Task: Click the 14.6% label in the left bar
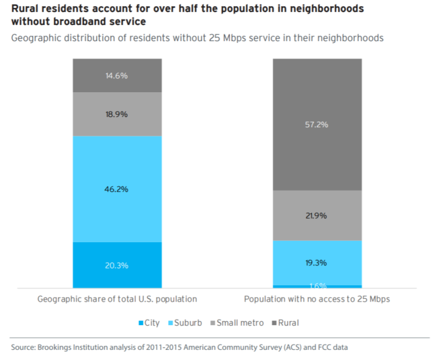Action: (x=117, y=75)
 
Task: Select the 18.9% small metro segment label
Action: (x=117, y=114)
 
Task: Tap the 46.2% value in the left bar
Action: (x=117, y=189)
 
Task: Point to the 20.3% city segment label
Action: (x=117, y=265)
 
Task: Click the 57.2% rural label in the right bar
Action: (x=317, y=124)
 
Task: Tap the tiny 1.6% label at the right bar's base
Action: (x=317, y=286)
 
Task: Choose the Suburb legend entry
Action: (x=187, y=322)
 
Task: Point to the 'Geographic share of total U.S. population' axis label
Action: (x=117, y=299)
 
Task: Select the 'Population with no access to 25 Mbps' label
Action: (x=317, y=299)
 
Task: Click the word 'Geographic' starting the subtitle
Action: (x=36, y=38)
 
